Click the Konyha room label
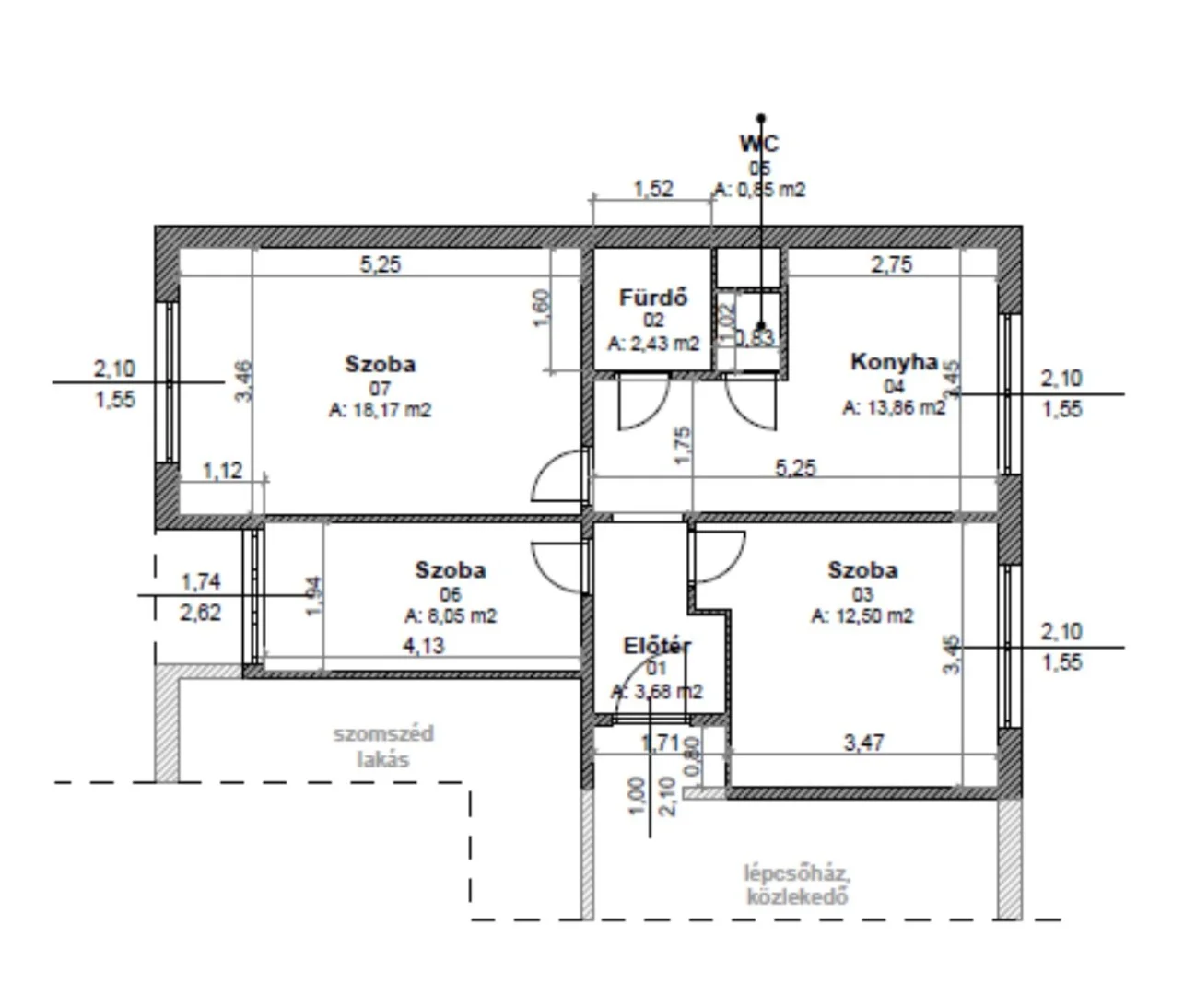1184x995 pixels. click(893, 362)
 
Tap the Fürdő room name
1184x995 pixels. click(653, 298)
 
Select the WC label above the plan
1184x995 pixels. click(758, 144)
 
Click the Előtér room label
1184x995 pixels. click(657, 646)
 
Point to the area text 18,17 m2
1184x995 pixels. click(380, 411)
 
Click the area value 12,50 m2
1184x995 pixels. click(862, 616)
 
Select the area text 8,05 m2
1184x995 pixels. click(451, 616)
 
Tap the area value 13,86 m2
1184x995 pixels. click(894, 407)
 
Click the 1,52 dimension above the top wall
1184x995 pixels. click(652, 189)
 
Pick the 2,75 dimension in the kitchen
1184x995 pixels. click(891, 264)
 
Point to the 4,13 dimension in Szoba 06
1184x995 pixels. click(423, 645)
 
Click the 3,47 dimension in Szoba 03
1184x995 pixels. click(864, 742)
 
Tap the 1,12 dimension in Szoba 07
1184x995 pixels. click(222, 471)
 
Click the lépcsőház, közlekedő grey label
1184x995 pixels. click(796, 884)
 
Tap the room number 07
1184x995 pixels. click(380, 388)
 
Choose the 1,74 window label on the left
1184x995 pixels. click(201, 581)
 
